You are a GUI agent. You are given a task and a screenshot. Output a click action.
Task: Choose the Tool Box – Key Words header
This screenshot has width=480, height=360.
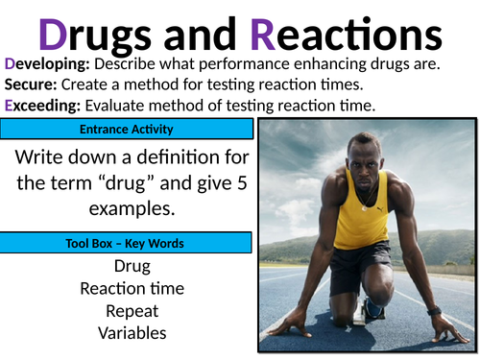click(x=127, y=243)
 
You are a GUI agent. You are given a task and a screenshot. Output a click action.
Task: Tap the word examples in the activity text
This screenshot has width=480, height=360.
click(x=132, y=207)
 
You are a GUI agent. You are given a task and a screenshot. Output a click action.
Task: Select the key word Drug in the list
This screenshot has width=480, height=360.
click(x=132, y=265)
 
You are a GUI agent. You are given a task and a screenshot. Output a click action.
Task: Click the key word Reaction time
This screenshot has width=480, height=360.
click(x=132, y=288)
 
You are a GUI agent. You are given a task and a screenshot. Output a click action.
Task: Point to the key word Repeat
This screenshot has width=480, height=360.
click(x=132, y=311)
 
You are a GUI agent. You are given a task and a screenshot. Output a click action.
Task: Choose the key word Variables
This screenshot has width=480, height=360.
click(x=132, y=333)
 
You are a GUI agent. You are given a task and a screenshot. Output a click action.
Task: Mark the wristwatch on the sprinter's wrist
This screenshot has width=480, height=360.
click(x=434, y=310)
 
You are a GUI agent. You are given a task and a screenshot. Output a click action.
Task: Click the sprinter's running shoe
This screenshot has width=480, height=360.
click(x=372, y=309)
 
